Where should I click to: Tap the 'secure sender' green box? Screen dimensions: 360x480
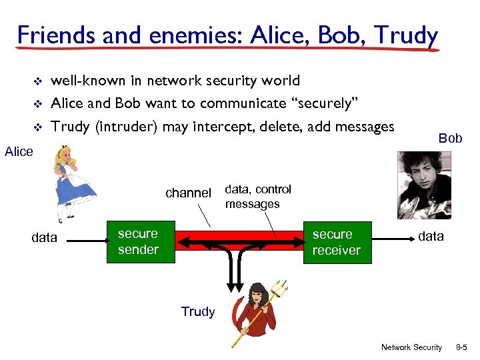(138, 242)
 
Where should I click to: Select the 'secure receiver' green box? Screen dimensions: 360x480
(336, 243)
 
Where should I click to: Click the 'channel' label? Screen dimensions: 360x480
(188, 193)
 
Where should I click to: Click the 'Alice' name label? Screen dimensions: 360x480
(19, 152)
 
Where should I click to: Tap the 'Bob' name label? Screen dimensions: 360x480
(450, 139)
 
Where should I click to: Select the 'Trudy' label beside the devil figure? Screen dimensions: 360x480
(198, 312)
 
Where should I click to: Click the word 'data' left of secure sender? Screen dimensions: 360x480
(45, 238)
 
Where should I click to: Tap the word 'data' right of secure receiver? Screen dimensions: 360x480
(431, 236)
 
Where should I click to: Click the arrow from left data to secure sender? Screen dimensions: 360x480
(84, 238)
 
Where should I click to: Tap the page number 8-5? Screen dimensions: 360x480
(463, 347)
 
